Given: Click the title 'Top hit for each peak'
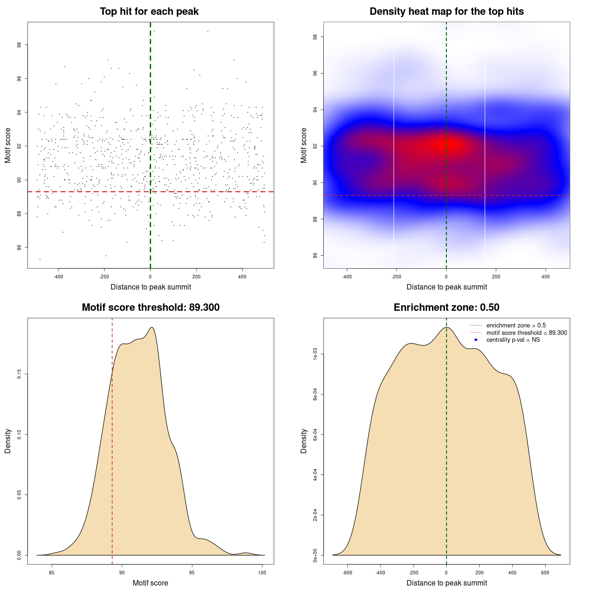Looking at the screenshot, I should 149,12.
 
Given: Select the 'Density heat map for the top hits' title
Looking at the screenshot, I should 446,12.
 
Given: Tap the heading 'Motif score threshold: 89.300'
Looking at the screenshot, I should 150,308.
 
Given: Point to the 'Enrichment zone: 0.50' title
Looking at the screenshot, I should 446,308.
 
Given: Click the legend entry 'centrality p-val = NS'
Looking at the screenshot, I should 513,340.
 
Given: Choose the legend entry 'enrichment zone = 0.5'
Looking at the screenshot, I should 516,326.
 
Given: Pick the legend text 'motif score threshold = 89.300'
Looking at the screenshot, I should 526,333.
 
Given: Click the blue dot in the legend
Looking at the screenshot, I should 476,340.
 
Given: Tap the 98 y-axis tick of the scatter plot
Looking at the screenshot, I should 19,45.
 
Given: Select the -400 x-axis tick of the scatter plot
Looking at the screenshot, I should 58,277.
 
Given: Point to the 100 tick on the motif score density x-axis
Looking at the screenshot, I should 262,573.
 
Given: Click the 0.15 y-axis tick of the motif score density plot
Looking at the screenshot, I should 19,374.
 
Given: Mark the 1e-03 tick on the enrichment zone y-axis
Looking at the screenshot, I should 315,355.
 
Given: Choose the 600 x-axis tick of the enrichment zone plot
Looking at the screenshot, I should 545,573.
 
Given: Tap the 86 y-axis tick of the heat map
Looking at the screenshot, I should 315,255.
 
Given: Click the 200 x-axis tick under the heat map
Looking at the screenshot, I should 496,277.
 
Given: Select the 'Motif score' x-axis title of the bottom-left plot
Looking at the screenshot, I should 150,583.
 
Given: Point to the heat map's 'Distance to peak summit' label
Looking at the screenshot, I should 446,287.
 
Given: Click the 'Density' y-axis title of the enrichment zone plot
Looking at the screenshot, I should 304,441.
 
